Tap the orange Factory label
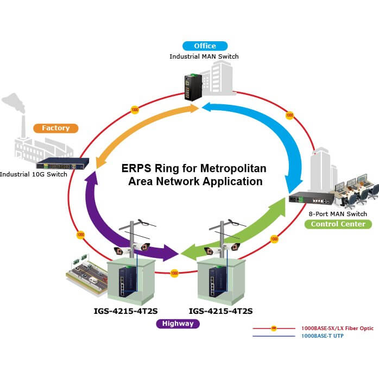click(x=55, y=128)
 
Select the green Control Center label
click(x=338, y=224)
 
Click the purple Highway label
click(x=178, y=324)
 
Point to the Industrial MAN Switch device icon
click(x=193, y=87)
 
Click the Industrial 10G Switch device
click(x=60, y=163)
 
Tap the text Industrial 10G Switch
click(x=34, y=174)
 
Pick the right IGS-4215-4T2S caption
click(x=220, y=311)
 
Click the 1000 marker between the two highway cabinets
click(x=174, y=272)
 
